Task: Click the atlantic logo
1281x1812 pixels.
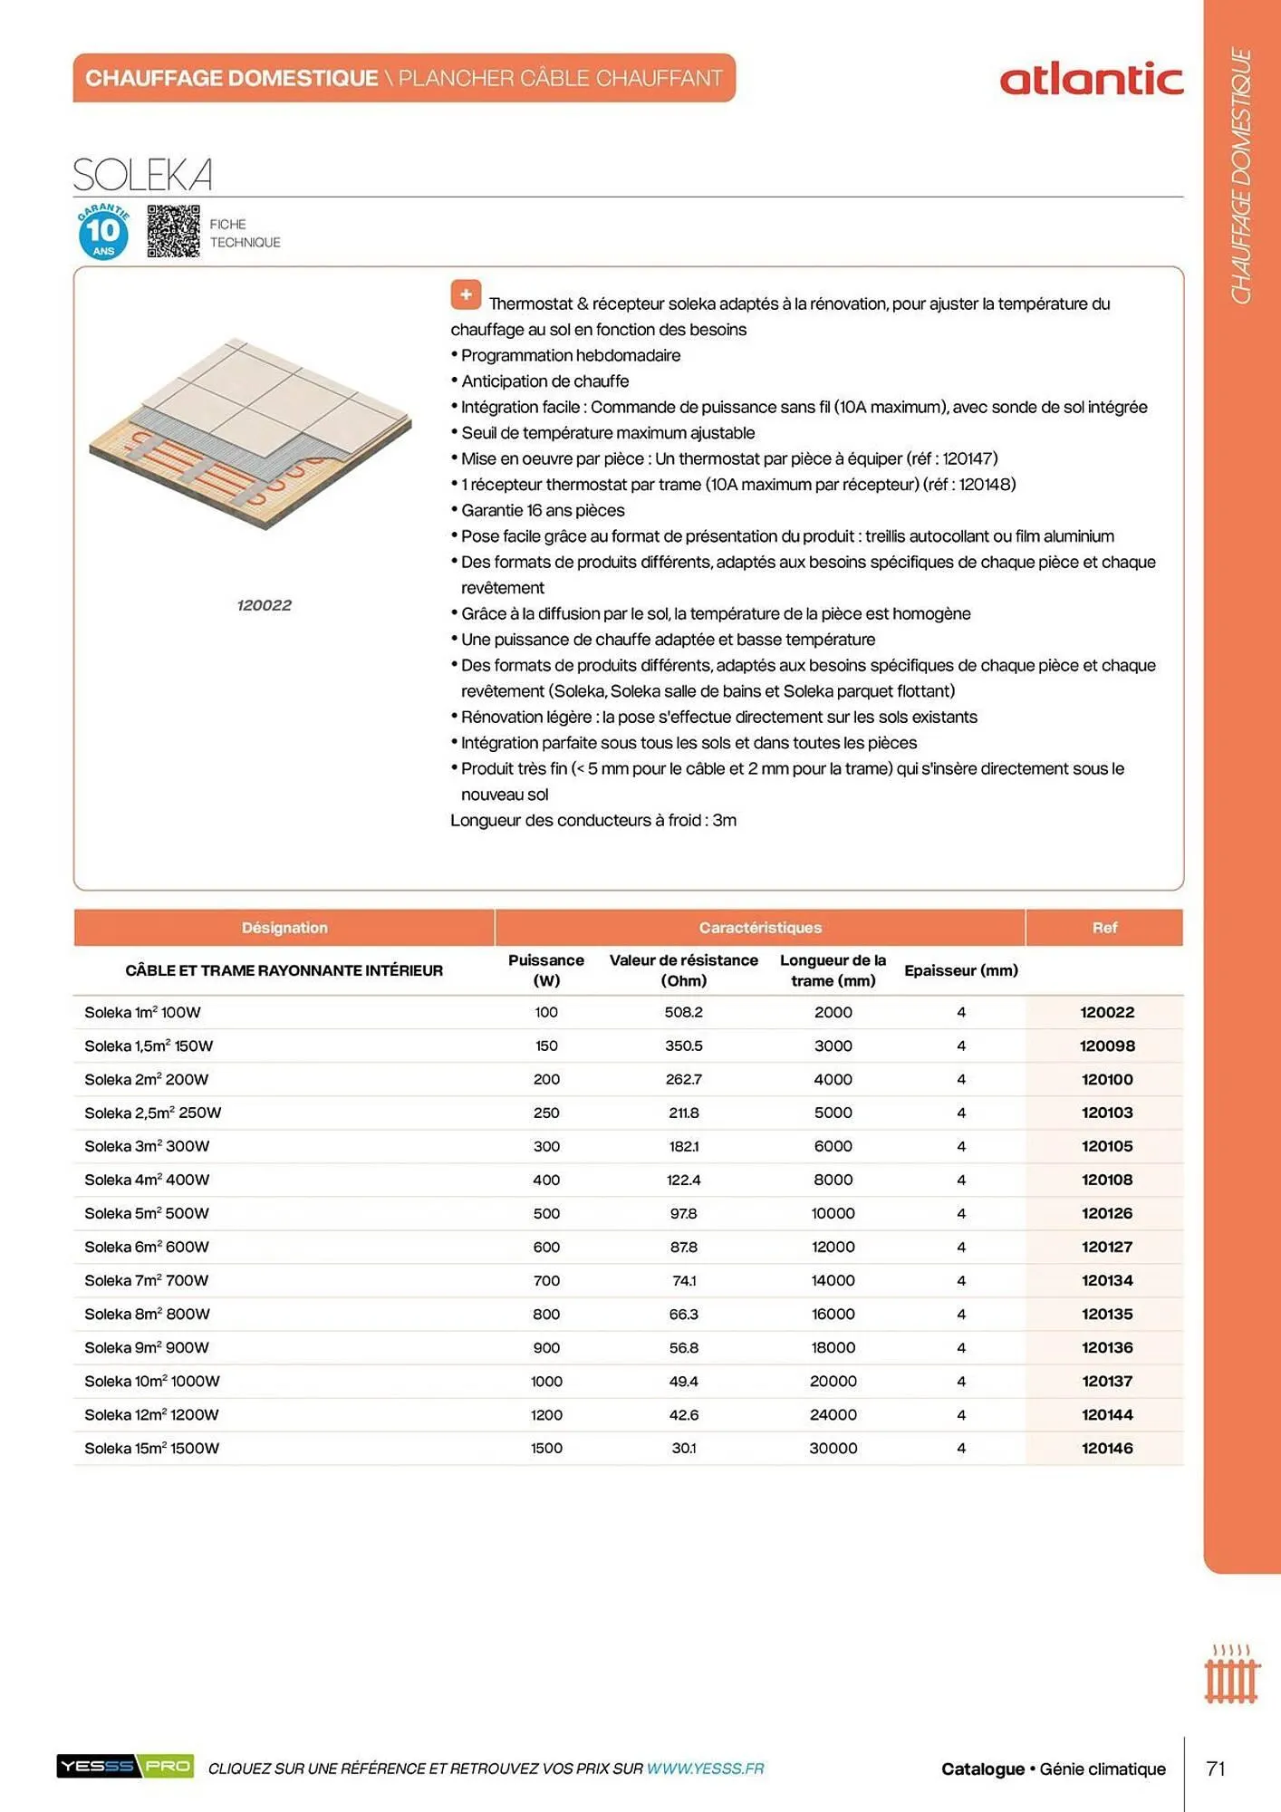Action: click(x=1091, y=80)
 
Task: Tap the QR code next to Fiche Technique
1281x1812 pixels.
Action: click(x=173, y=232)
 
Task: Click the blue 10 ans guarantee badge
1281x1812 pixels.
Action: click(x=103, y=232)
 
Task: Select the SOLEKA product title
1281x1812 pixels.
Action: click(x=143, y=175)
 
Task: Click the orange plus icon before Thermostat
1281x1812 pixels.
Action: click(x=466, y=294)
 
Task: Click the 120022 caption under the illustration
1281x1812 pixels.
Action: click(x=264, y=605)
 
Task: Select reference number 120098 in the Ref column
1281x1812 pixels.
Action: click(x=1106, y=1046)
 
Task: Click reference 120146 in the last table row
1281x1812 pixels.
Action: click(x=1106, y=1448)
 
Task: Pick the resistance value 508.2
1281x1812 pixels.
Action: click(x=683, y=1012)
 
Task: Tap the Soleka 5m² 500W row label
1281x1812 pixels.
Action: click(x=147, y=1213)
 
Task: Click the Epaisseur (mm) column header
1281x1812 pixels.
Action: click(x=960, y=970)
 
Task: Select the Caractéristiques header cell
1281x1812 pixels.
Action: click(x=760, y=928)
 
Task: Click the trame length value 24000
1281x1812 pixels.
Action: click(x=833, y=1414)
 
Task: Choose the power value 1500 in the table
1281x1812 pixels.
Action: click(x=546, y=1448)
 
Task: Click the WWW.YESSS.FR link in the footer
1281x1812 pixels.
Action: click(x=705, y=1769)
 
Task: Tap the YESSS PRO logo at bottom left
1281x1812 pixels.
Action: click(x=125, y=1766)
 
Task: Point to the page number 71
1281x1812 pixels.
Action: click(x=1216, y=1769)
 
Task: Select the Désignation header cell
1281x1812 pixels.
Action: click(x=284, y=928)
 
